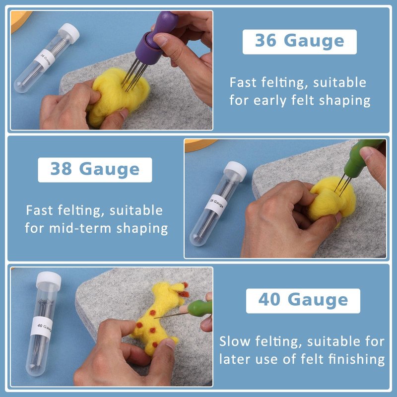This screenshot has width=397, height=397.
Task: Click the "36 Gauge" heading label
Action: (x=300, y=42)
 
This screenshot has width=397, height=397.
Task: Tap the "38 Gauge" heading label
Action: (x=95, y=170)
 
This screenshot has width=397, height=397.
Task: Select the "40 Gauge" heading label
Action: (x=303, y=301)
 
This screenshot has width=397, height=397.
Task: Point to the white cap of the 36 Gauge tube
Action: (x=69, y=32)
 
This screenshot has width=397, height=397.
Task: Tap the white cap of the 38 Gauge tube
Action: (x=235, y=170)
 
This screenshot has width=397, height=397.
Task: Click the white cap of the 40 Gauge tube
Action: (x=49, y=280)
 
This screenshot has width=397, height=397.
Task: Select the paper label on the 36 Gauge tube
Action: (x=45, y=60)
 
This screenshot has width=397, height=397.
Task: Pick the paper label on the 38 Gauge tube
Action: (x=216, y=204)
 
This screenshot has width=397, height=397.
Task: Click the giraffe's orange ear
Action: (x=183, y=294)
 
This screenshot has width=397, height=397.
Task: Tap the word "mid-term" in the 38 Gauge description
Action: (x=80, y=228)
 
